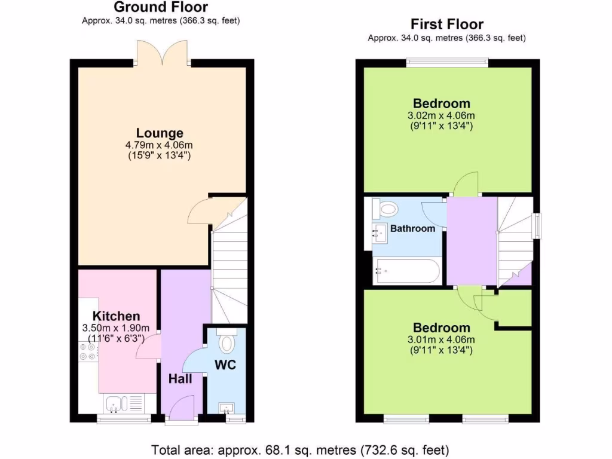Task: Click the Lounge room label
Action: tap(160, 133)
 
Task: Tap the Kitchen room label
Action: tap(116, 316)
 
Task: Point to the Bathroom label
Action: tap(412, 228)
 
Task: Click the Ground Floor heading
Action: tap(161, 8)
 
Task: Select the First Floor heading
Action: tap(446, 25)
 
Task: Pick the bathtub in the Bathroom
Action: tap(406, 272)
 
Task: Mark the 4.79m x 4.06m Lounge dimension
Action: tap(160, 145)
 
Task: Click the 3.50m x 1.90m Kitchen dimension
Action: tap(116, 328)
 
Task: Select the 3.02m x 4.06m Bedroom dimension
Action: tap(442, 115)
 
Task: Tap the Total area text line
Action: tap(300, 449)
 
